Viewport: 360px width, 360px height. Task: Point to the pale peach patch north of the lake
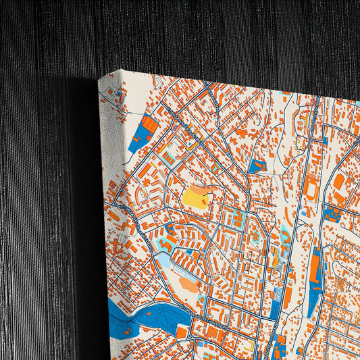(188, 284)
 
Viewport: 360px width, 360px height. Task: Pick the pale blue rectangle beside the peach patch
(165, 261)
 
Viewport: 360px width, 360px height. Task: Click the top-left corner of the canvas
(99, 78)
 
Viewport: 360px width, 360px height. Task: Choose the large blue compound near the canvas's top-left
(141, 135)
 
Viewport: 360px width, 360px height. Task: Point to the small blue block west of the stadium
(255, 165)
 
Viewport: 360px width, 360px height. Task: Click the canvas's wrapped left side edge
(112, 203)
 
